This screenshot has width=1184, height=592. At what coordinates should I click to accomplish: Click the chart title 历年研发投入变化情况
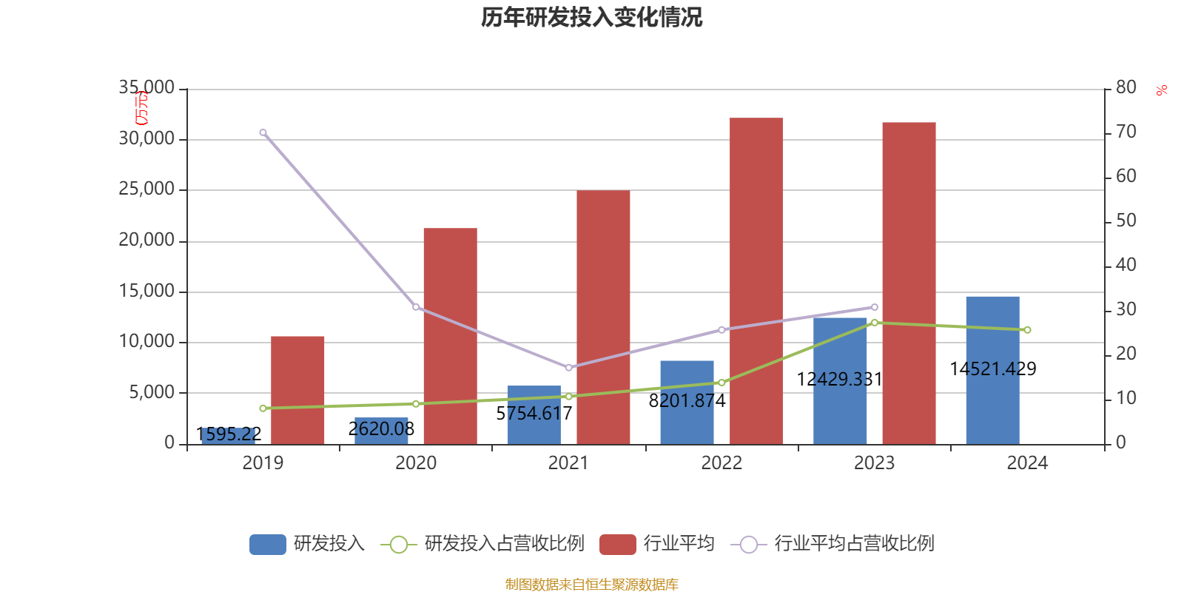[x=591, y=17]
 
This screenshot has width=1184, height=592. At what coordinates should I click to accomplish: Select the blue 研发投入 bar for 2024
[x=992, y=370]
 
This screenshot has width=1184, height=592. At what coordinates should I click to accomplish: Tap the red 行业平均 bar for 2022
[x=756, y=281]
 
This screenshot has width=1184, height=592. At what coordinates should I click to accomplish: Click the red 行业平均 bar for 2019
[x=297, y=390]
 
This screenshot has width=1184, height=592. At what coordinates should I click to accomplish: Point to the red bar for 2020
[x=450, y=336]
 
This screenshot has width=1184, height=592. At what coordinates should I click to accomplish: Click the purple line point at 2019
[x=263, y=132]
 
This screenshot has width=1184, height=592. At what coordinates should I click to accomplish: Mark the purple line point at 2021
[x=568, y=367]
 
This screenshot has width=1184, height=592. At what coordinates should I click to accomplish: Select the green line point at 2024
[x=1027, y=330]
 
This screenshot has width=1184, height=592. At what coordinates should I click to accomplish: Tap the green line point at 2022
[x=721, y=383]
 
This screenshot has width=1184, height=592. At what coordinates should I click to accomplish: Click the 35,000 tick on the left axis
[x=147, y=88]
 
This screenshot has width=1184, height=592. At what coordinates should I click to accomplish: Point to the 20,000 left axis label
[x=147, y=240]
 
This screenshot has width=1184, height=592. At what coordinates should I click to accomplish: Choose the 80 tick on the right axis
[x=1126, y=87]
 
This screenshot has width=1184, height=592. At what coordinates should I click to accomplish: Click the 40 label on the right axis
[x=1126, y=265]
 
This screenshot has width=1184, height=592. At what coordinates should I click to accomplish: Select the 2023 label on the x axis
[x=874, y=463]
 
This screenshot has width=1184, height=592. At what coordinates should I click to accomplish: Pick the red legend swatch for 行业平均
[x=618, y=545]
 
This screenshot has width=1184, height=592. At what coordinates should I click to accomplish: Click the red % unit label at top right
[x=1162, y=90]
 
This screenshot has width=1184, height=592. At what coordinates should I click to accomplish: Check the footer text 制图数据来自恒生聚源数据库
[x=591, y=585]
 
